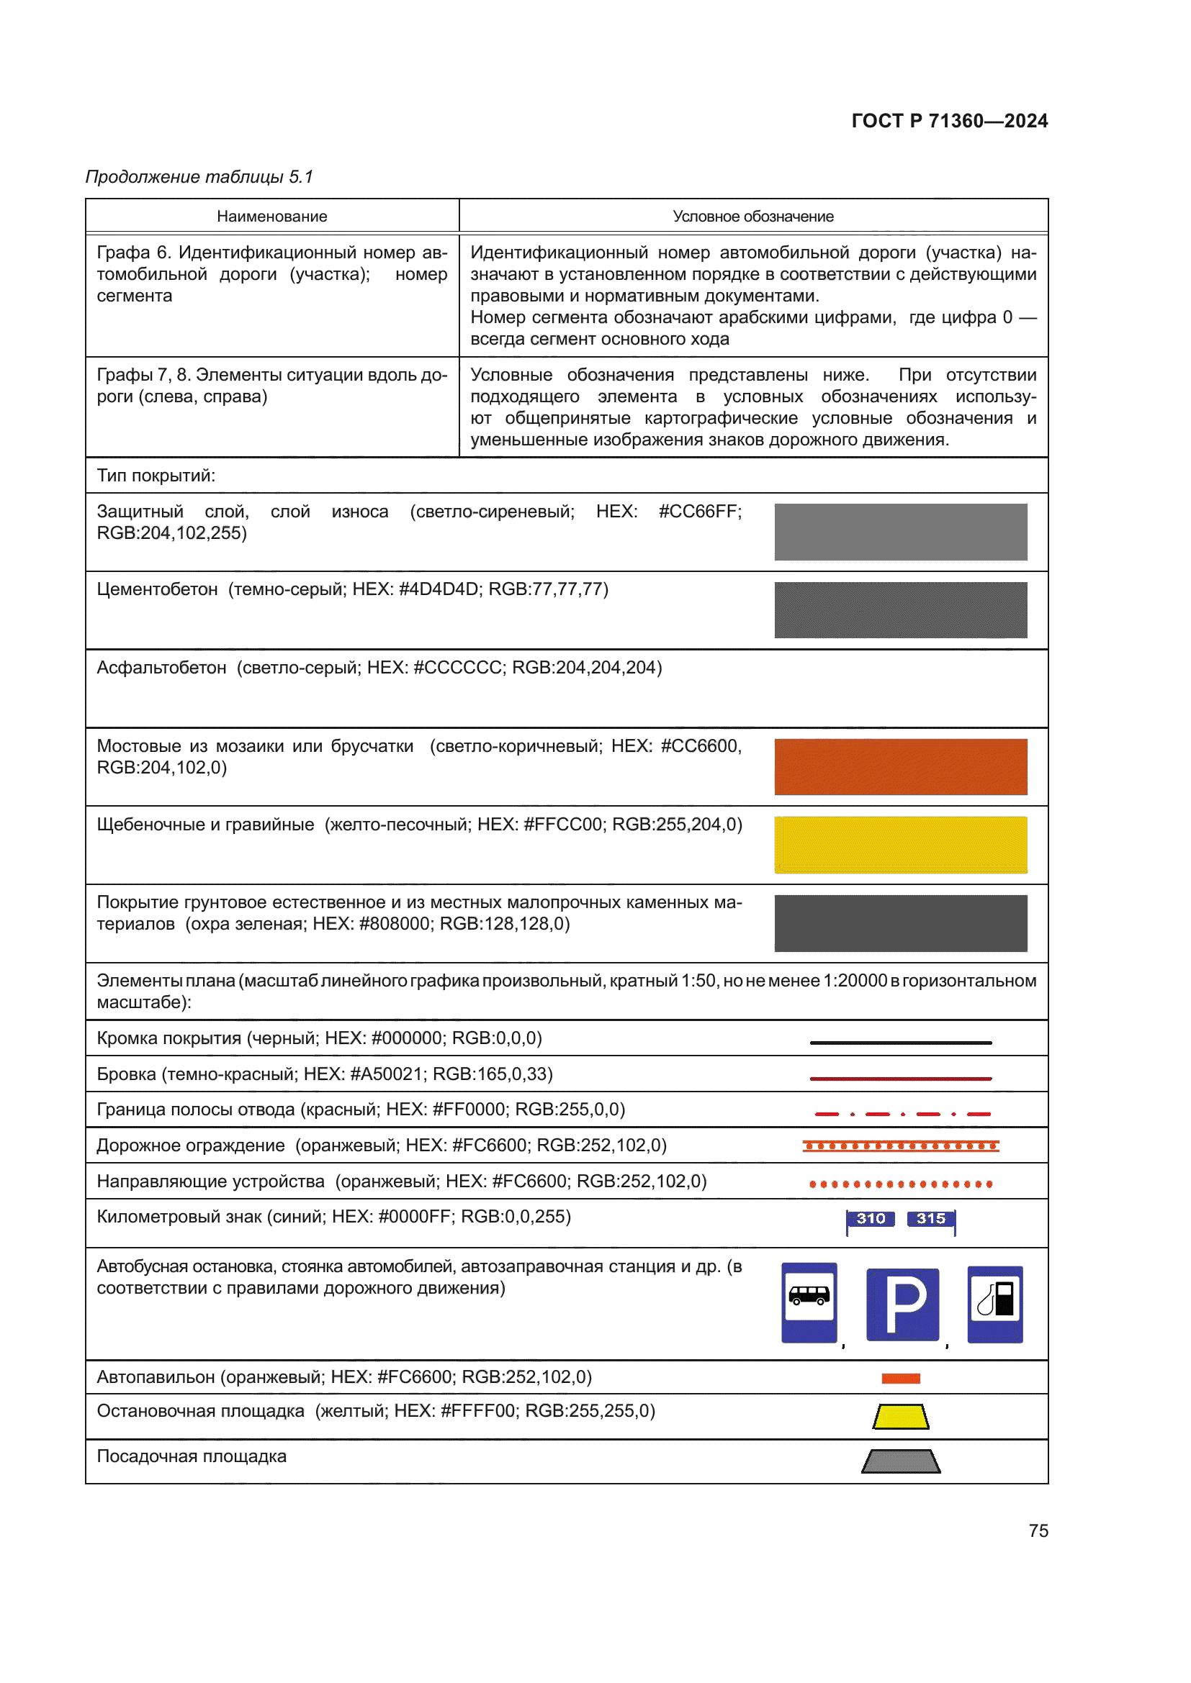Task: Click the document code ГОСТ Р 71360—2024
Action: [x=949, y=121]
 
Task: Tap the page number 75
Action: [x=1038, y=1530]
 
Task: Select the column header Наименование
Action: [x=271, y=217]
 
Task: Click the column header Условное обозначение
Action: [x=752, y=217]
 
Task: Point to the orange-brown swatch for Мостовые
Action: [x=900, y=766]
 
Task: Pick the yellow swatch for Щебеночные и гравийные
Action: [x=900, y=845]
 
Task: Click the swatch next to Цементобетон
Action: [x=900, y=610]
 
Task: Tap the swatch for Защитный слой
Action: [x=900, y=532]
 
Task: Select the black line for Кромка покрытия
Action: [x=900, y=1043]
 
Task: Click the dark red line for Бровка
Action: [x=900, y=1079]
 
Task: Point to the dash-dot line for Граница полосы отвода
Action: [x=902, y=1114]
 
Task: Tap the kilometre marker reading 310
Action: [x=871, y=1218]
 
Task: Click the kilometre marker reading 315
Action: [x=930, y=1218]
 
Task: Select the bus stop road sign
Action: [x=808, y=1302]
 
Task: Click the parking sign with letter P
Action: [x=902, y=1304]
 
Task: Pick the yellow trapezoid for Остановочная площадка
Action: [x=900, y=1416]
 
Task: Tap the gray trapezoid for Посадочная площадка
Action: [x=900, y=1461]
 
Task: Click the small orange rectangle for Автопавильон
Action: [x=900, y=1378]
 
